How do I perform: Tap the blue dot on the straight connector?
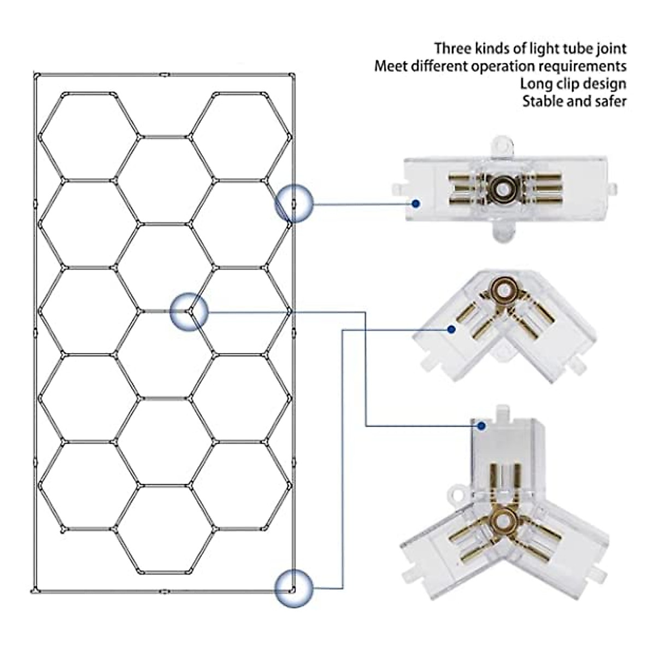click(x=416, y=203)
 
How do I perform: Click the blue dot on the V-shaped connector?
click(x=451, y=330)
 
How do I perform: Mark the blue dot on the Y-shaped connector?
click(x=482, y=426)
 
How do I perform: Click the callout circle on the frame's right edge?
click(x=294, y=204)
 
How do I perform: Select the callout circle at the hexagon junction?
click(x=189, y=312)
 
